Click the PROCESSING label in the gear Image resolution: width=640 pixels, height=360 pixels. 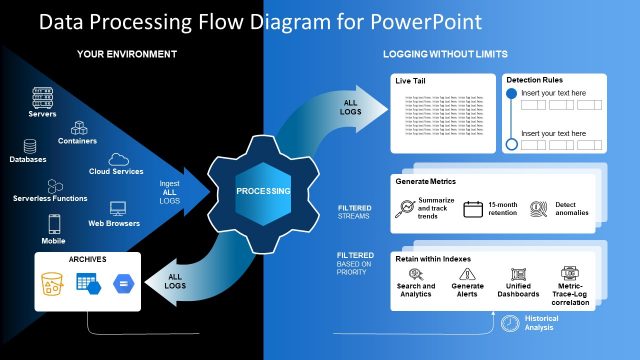(x=263, y=190)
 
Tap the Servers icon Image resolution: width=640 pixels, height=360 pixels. (x=42, y=98)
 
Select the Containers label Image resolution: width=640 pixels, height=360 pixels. (x=77, y=141)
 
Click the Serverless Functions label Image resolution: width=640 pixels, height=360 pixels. (x=50, y=198)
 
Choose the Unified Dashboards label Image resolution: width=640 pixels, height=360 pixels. (x=517, y=291)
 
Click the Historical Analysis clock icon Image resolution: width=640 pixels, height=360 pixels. (x=511, y=321)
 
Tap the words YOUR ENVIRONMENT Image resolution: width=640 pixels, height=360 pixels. (x=127, y=53)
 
